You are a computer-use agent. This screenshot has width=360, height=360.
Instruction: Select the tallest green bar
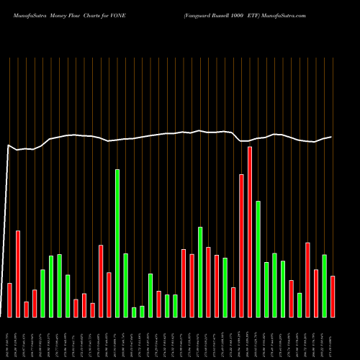point(117,243)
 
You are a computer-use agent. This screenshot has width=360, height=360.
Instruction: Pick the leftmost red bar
point(9,300)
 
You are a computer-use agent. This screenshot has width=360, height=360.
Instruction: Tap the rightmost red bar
point(333,296)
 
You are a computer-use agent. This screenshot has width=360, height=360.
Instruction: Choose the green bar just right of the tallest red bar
point(258,259)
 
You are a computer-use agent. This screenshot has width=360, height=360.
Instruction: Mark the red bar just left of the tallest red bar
point(241,246)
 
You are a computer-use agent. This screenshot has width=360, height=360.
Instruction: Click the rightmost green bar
point(324,286)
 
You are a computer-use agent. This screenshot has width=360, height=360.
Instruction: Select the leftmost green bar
point(42,293)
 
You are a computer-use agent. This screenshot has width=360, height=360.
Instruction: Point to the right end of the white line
point(331,137)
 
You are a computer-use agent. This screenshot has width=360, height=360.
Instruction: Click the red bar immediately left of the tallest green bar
point(109,294)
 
